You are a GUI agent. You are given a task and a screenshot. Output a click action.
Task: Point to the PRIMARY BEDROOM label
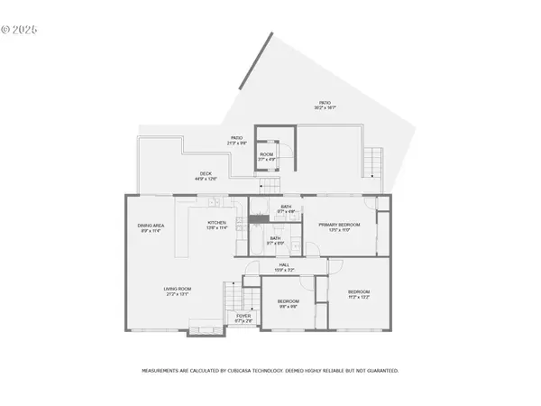pos(339,226)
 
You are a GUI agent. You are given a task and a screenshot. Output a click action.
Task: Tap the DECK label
pos(206,176)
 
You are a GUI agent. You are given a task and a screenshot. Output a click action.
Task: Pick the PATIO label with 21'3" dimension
pos(235,140)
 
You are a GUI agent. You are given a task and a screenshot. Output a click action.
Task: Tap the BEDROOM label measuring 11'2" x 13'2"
pos(359,294)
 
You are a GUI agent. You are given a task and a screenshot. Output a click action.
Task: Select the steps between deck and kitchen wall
pos(268,186)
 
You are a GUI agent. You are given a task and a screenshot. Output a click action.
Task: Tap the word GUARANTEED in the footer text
pos(380,371)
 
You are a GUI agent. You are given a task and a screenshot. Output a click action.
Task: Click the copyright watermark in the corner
pos(21,29)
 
